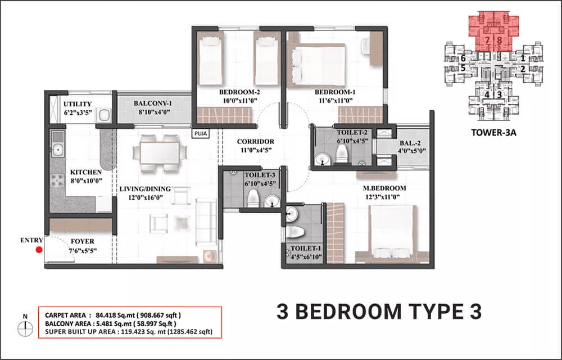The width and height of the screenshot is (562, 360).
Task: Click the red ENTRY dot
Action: (39, 250)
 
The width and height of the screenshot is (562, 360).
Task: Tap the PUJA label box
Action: (200, 133)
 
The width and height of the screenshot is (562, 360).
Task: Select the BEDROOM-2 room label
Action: (239, 92)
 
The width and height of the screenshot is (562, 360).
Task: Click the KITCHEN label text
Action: (85, 172)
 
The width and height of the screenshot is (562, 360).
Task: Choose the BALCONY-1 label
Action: (152, 103)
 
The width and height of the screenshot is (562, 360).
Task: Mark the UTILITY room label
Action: (78, 104)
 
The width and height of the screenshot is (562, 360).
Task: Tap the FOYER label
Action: (82, 242)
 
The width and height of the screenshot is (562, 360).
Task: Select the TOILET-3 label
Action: (259, 175)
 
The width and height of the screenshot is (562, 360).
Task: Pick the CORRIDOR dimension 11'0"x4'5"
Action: (255, 151)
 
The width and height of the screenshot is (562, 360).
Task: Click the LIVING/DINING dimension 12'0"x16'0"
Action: (145, 198)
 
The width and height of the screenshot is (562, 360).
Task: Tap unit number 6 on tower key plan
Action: (463, 58)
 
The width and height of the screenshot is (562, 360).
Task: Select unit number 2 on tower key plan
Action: (523, 69)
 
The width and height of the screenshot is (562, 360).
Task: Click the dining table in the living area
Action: (157, 151)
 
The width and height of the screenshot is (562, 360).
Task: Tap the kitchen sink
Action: (57, 150)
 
